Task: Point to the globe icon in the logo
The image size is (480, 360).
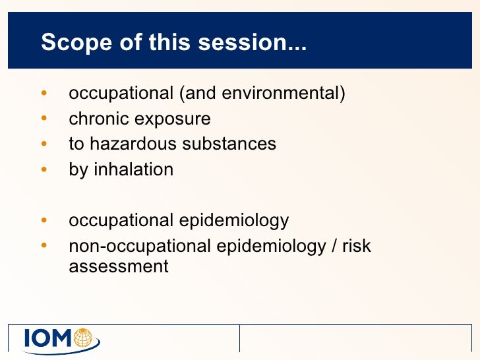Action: [84, 338]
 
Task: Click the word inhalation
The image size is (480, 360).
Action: [134, 169]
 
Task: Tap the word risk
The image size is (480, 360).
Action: [357, 246]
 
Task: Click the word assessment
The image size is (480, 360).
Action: [119, 267]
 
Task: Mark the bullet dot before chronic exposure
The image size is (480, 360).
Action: [44, 119]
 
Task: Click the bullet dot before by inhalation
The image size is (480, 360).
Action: [44, 169]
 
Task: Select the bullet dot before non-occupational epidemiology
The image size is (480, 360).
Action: [44, 246]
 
